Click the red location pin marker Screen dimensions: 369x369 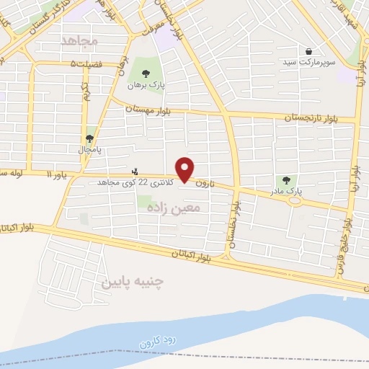click(x=186, y=169)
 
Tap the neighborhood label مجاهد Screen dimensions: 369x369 click(x=79, y=40)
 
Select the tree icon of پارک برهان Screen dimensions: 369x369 click(x=146, y=73)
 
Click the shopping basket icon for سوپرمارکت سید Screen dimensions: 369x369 click(x=309, y=51)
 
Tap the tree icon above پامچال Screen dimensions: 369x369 click(x=90, y=138)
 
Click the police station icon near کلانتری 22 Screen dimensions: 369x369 click(x=135, y=172)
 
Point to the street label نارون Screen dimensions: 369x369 click(x=205, y=183)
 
